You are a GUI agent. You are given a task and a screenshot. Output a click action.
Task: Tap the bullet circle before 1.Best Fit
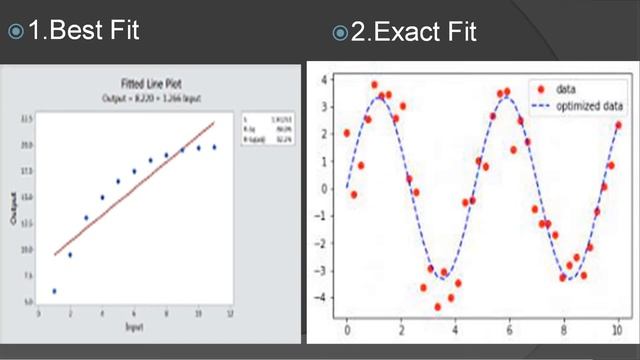tap(15, 32)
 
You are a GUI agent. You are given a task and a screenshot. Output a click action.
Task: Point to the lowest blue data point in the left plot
tap(53, 291)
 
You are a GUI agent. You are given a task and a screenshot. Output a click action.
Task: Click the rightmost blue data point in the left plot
tap(214, 147)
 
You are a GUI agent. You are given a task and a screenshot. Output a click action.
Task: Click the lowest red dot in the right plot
tap(437, 306)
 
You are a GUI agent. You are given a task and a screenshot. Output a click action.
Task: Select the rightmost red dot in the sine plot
tap(619, 125)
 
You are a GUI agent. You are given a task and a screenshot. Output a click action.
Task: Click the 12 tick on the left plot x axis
tap(231, 314)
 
